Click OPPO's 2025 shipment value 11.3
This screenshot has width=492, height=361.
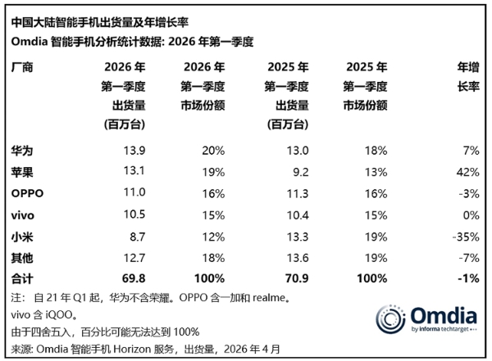(x=296, y=192)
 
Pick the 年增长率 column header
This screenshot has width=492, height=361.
(x=467, y=78)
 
